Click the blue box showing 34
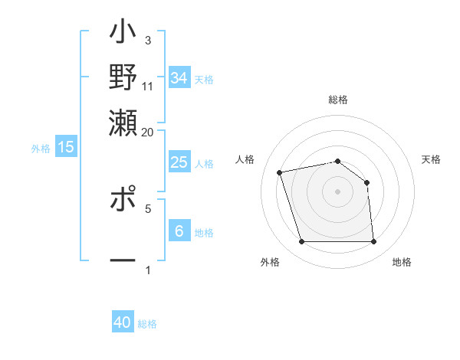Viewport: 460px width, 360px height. click(x=179, y=77)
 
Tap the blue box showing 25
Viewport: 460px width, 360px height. click(x=179, y=162)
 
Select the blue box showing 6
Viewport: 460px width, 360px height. click(x=179, y=231)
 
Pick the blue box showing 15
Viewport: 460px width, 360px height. click(x=66, y=147)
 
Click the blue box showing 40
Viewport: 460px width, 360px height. click(x=123, y=322)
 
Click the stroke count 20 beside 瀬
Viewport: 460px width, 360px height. click(x=147, y=132)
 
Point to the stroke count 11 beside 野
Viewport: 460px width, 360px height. click(x=147, y=86)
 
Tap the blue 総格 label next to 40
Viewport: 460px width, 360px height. click(x=147, y=324)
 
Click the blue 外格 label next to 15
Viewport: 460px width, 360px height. click(x=41, y=149)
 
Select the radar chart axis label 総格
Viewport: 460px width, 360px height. click(x=337, y=100)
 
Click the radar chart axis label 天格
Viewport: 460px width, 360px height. click(x=431, y=159)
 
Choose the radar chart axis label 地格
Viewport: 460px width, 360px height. click(x=402, y=262)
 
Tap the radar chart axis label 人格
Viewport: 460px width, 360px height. click(x=245, y=159)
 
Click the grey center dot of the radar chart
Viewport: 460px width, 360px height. click(x=337, y=191)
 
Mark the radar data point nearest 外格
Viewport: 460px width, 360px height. click(x=301, y=242)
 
